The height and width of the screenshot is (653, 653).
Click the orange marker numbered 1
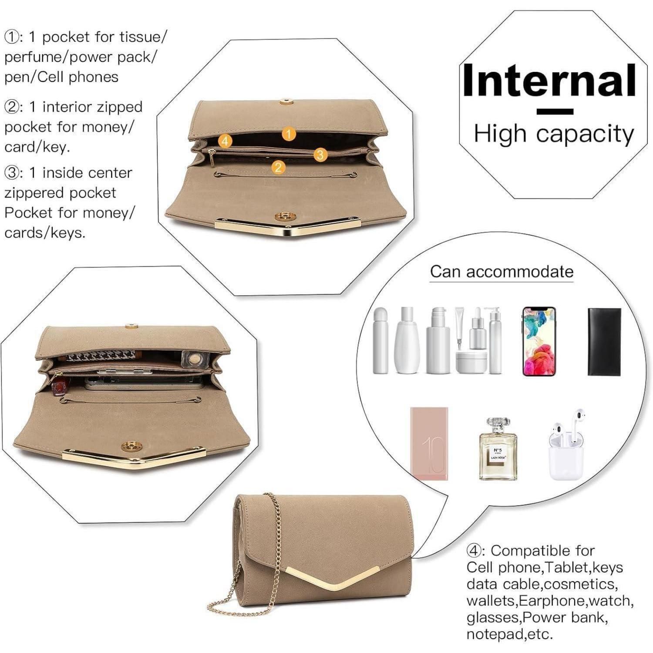pyautogui.click(x=289, y=134)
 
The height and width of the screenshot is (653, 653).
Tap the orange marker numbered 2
pyautogui.click(x=279, y=167)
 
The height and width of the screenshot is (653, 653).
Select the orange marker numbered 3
pyautogui.click(x=320, y=154)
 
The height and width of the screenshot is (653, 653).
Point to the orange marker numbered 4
pyautogui.click(x=225, y=141)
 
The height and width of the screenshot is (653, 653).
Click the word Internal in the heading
pyautogui.click(x=549, y=80)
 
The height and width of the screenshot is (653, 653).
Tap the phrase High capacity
pyautogui.click(x=554, y=134)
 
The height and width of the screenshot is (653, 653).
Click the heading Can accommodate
pyautogui.click(x=502, y=272)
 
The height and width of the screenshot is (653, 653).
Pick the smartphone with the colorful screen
pyautogui.click(x=539, y=341)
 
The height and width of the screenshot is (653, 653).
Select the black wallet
pyautogui.click(x=604, y=342)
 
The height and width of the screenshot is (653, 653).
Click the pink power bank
pyautogui.click(x=429, y=444)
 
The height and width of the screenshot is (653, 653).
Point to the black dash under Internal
pyautogui.click(x=555, y=111)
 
